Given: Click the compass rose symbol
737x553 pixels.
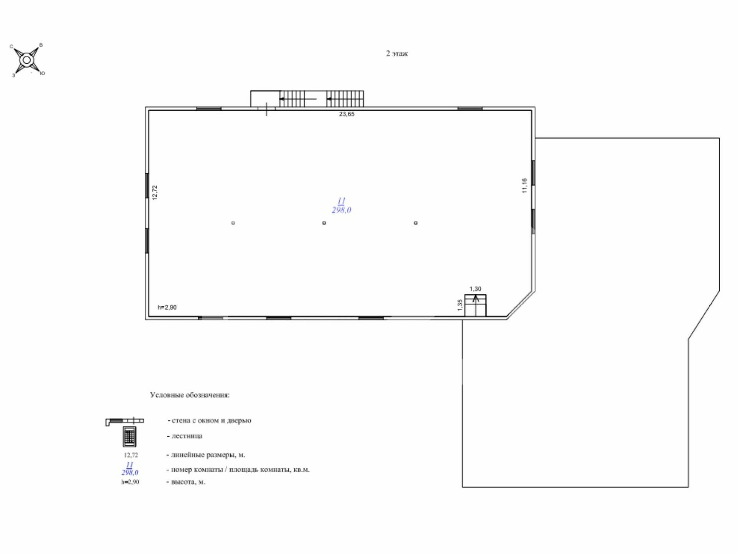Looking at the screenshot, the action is point(27,60).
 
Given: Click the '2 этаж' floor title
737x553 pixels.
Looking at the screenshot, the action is point(397,53).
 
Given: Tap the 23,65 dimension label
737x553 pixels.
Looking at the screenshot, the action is point(347,114).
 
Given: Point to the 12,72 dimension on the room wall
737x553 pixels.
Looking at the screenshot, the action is point(155,192).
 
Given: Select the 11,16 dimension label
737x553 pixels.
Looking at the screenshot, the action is point(524,185).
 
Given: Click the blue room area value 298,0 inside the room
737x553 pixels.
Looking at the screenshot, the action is point(342,210).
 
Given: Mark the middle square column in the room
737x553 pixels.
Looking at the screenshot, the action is point(324,223).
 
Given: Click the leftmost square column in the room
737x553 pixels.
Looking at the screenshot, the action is point(233,223).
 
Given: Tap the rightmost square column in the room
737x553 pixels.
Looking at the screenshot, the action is point(416,223).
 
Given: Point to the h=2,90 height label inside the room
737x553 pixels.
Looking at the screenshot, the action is point(167,307).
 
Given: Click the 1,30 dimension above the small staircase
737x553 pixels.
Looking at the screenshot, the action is point(475,289).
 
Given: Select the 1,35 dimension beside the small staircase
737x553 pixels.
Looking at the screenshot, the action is point(460,305).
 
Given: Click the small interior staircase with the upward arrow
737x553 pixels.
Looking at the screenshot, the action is point(475,305).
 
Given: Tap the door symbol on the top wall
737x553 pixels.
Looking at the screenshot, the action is point(266,109).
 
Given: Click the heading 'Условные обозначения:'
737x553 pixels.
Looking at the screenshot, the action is point(190,395).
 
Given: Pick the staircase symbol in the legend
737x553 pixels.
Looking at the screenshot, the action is point(129,437).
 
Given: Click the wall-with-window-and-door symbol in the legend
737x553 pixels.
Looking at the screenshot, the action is point(125,421).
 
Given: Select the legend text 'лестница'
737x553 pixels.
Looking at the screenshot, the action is point(187,436).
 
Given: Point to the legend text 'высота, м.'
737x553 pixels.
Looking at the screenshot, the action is point(188,482).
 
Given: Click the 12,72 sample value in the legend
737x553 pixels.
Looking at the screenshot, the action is point(131,455).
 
